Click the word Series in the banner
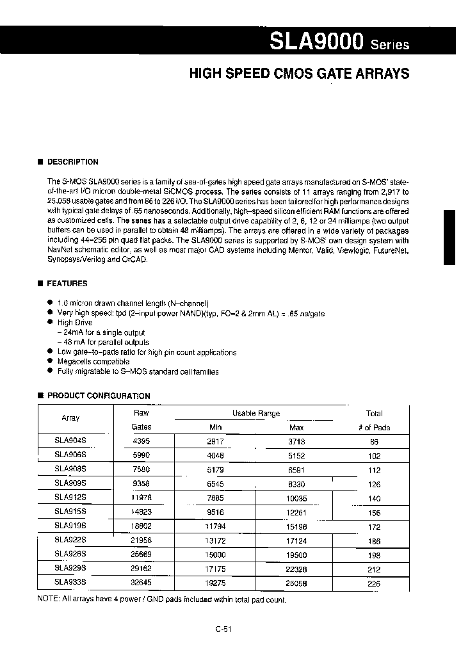pos(389,45)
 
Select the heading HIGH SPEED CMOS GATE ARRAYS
pos(299,74)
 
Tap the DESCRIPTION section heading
pos(73,162)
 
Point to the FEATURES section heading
pos(67,283)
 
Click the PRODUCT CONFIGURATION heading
pos(99,396)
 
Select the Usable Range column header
pos(255,414)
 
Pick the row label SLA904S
pos(70,442)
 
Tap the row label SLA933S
pos(70,583)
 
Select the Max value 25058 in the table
pos(296,583)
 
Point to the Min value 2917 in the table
pos(216,442)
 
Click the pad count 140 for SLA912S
pos(374,498)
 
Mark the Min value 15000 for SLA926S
pos(215,555)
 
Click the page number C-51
pos(223,629)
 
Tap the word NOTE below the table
pos(50,599)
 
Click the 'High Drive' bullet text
pos(75,323)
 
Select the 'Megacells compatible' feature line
pos(93,362)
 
